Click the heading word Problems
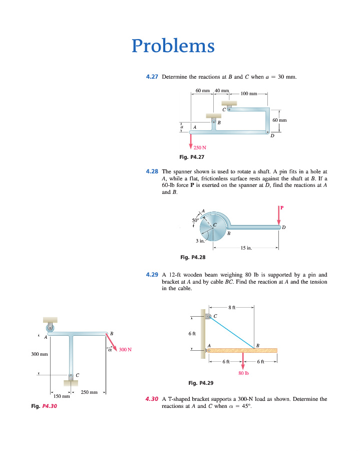click(173, 47)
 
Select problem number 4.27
click(152, 77)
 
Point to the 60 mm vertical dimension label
click(279, 120)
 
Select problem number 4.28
click(152, 171)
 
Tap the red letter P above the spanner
click(282, 208)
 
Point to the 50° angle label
click(195, 220)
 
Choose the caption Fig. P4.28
click(192, 258)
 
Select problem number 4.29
click(152, 275)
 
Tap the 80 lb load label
click(243, 373)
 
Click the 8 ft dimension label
click(231, 307)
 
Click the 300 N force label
click(125, 349)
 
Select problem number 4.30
click(151, 399)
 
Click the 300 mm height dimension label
click(39, 354)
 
